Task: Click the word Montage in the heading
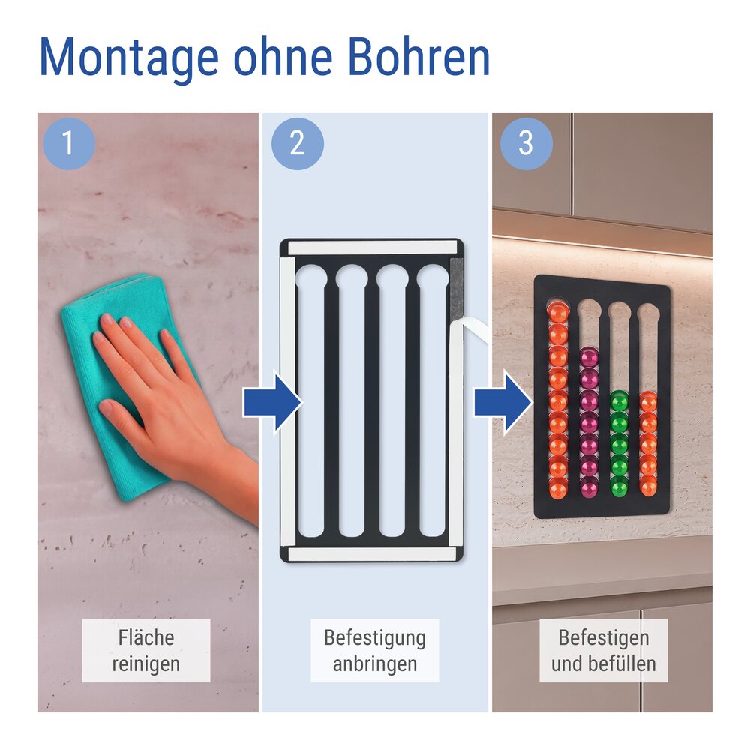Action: [129, 58]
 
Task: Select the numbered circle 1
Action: [69, 143]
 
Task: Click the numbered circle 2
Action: [298, 143]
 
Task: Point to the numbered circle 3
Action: [526, 143]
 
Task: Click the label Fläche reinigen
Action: [146, 650]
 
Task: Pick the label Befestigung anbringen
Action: [374, 650]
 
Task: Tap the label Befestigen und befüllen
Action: [603, 650]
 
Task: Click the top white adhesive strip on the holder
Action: [372, 247]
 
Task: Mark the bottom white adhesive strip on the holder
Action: [372, 554]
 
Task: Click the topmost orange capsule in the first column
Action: [558, 311]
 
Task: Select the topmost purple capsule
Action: [589, 357]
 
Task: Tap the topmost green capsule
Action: [619, 400]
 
